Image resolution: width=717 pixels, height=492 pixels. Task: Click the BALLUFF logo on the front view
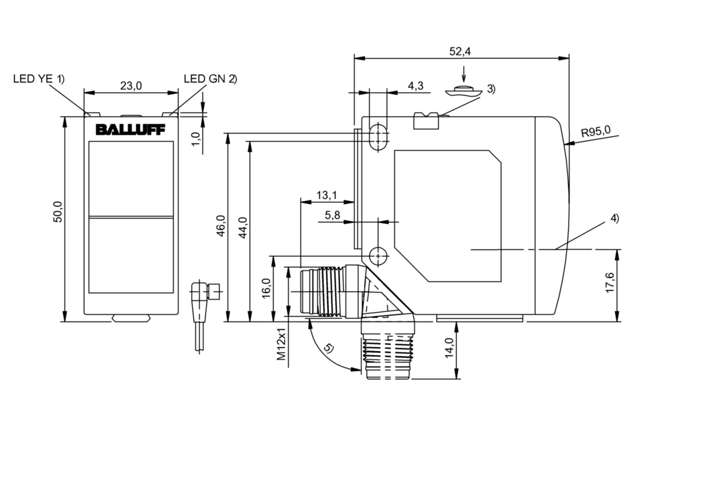click(130, 130)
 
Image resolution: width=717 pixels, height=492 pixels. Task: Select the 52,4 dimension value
click(460, 51)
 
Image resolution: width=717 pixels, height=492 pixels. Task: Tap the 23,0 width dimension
click(131, 86)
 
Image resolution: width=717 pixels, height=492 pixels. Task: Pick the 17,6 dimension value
click(610, 282)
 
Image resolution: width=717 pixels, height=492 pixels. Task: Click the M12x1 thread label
click(281, 344)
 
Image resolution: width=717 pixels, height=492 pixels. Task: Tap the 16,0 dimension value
click(266, 288)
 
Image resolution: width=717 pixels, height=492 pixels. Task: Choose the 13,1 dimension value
click(326, 196)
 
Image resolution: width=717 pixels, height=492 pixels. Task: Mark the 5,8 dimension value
click(333, 214)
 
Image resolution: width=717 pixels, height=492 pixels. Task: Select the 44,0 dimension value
click(242, 227)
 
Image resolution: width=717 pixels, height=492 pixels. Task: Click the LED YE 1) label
click(38, 79)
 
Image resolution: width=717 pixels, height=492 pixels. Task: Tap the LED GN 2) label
click(210, 79)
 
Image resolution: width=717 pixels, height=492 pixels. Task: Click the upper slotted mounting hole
click(379, 136)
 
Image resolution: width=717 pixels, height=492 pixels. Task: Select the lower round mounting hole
click(378, 255)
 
